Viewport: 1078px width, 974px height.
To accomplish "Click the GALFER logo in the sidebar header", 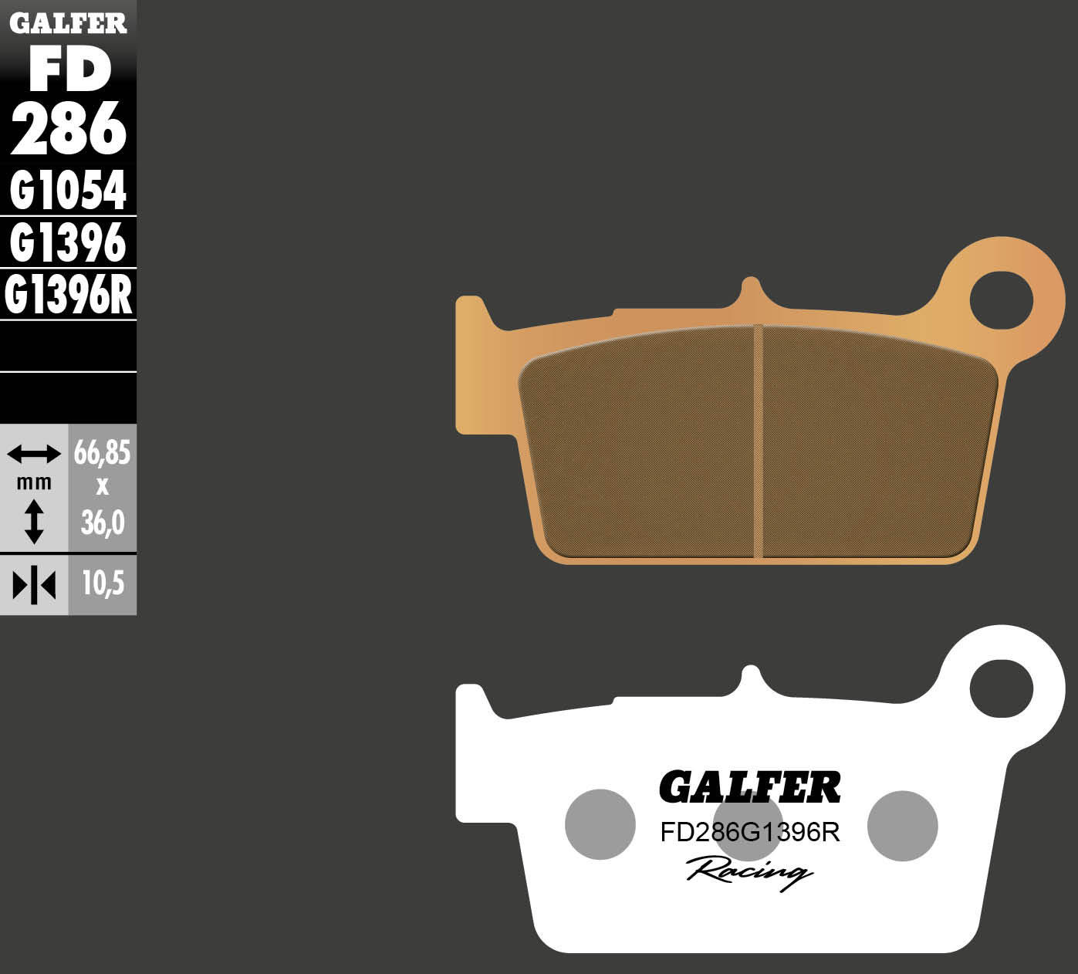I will [68, 24].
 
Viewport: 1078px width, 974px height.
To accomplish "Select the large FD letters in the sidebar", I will [69, 71].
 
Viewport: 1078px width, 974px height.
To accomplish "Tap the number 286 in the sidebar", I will [69, 130].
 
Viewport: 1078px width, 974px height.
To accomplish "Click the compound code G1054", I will [69, 191].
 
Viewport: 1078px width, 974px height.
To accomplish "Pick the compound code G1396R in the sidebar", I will [69, 296].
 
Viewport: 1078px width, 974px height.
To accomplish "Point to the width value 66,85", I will [102, 453].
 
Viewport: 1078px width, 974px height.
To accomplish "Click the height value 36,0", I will [103, 523].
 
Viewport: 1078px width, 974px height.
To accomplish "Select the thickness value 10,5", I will [103, 584].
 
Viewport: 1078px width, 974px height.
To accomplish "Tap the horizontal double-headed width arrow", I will [34, 454].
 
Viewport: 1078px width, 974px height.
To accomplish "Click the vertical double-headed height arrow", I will [34, 521].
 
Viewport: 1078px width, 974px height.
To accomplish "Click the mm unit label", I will [34, 483].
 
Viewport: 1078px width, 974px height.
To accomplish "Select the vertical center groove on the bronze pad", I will [758, 441].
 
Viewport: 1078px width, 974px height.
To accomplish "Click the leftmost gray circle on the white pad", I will [600, 824].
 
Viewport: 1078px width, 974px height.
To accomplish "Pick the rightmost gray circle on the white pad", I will [902, 825].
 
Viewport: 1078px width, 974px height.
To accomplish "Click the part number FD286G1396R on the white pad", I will [749, 833].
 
